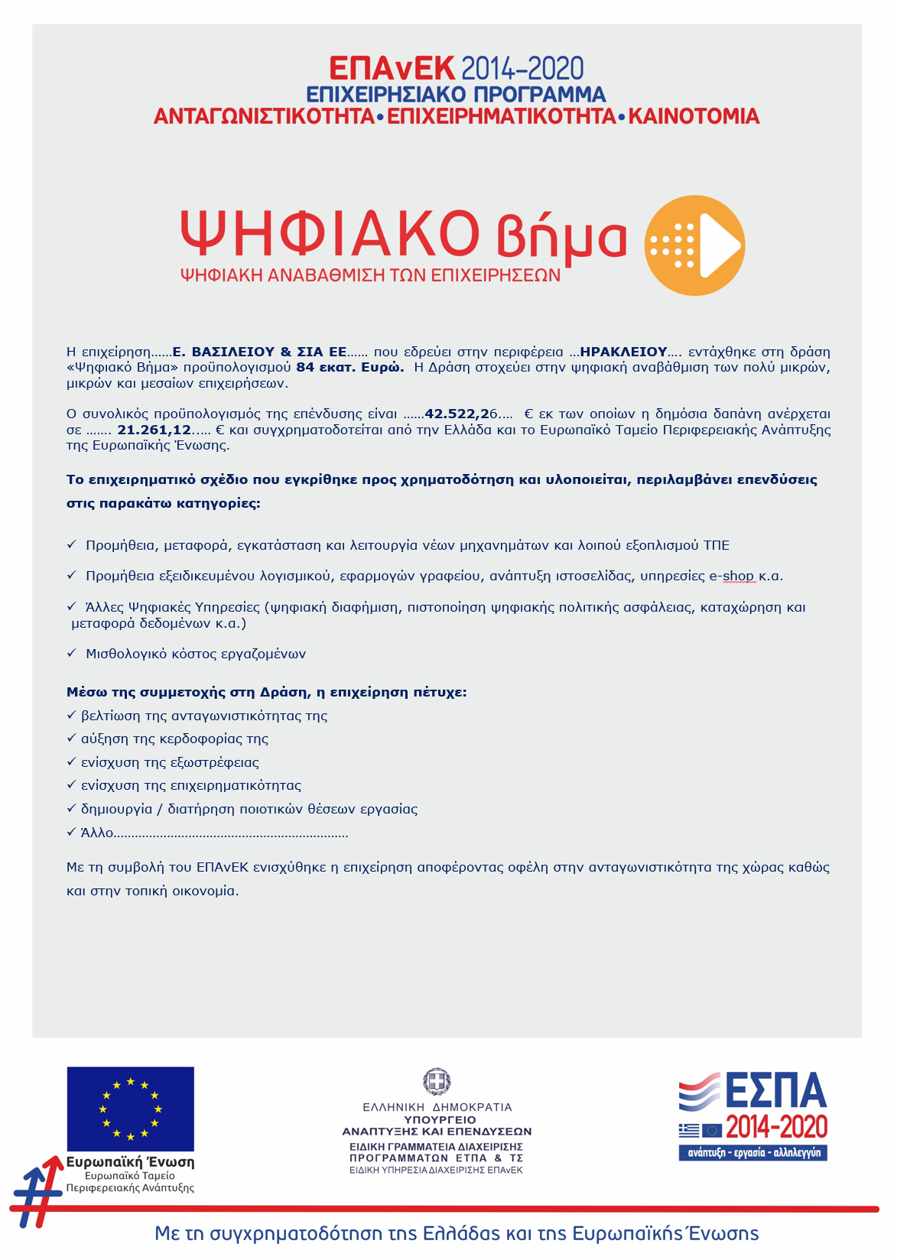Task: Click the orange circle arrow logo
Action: tap(694, 245)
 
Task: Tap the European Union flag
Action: tap(130, 1109)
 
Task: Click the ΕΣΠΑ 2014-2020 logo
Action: tap(753, 1115)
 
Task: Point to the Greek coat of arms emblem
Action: tap(437, 1082)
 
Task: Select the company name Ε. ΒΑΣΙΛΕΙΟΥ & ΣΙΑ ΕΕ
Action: tap(259, 352)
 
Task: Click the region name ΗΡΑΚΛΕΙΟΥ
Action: tap(623, 352)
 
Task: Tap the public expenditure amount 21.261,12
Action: tap(154, 430)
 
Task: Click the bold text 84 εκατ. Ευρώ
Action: tap(349, 367)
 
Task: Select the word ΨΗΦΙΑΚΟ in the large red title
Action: tap(330, 233)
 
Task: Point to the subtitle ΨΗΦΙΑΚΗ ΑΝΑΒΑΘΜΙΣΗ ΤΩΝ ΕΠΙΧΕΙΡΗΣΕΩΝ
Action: tap(370, 275)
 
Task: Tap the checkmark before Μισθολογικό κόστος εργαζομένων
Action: tap(72, 653)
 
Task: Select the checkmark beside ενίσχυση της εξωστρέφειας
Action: tap(72, 762)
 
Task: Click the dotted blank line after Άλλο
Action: tap(231, 833)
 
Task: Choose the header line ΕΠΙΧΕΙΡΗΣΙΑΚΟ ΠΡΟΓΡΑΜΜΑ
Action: tap(456, 94)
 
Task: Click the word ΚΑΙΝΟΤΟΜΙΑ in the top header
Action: tap(694, 116)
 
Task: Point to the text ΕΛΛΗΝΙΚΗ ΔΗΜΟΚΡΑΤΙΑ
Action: tap(437, 1106)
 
